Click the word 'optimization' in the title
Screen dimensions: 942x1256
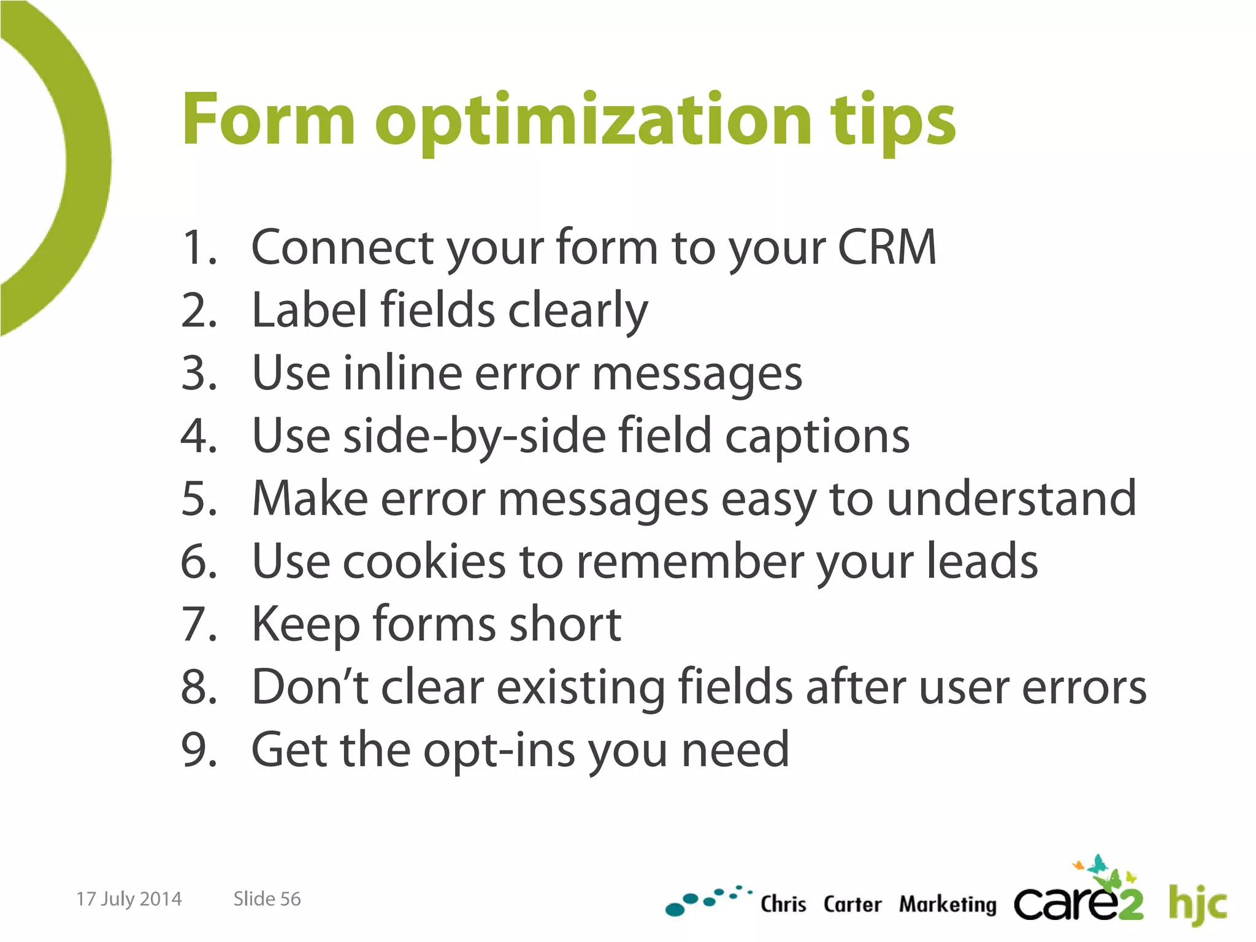coord(594,121)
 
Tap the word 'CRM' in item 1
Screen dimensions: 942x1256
coord(887,247)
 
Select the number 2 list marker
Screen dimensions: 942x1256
coord(199,310)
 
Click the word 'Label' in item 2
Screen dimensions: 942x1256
coord(309,310)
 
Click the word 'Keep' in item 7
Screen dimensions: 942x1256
coord(305,626)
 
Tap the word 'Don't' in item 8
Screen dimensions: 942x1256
coord(310,687)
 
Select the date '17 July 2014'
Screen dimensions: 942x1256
coord(129,899)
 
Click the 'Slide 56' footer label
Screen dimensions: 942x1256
coord(267,899)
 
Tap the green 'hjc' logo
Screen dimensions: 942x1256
coord(1197,903)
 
